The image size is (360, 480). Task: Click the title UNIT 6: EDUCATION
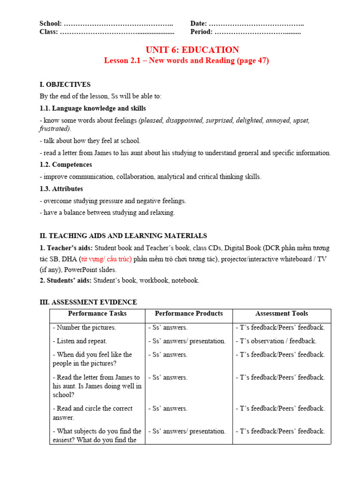click(x=192, y=50)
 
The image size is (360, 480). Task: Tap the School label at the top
click(x=51, y=23)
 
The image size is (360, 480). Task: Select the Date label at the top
click(x=198, y=23)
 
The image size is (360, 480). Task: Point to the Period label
click(x=201, y=32)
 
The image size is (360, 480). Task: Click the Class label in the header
click(x=49, y=32)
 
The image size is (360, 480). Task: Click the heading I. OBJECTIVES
click(x=65, y=84)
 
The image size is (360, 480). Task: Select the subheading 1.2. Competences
click(x=66, y=165)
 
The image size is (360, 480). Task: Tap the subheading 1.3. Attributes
click(x=61, y=188)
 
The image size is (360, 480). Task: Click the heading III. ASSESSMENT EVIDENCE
click(x=88, y=302)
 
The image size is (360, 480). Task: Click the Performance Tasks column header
click(x=97, y=314)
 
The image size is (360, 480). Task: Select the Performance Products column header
click(x=188, y=314)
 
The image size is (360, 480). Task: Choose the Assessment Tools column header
click(x=281, y=314)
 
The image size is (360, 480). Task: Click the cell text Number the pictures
click(x=84, y=327)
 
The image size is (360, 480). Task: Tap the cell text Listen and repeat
click(x=80, y=341)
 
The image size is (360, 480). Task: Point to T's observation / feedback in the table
click(x=276, y=341)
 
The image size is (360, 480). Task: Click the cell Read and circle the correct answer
click(x=92, y=413)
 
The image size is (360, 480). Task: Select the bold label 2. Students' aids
click(x=66, y=280)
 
